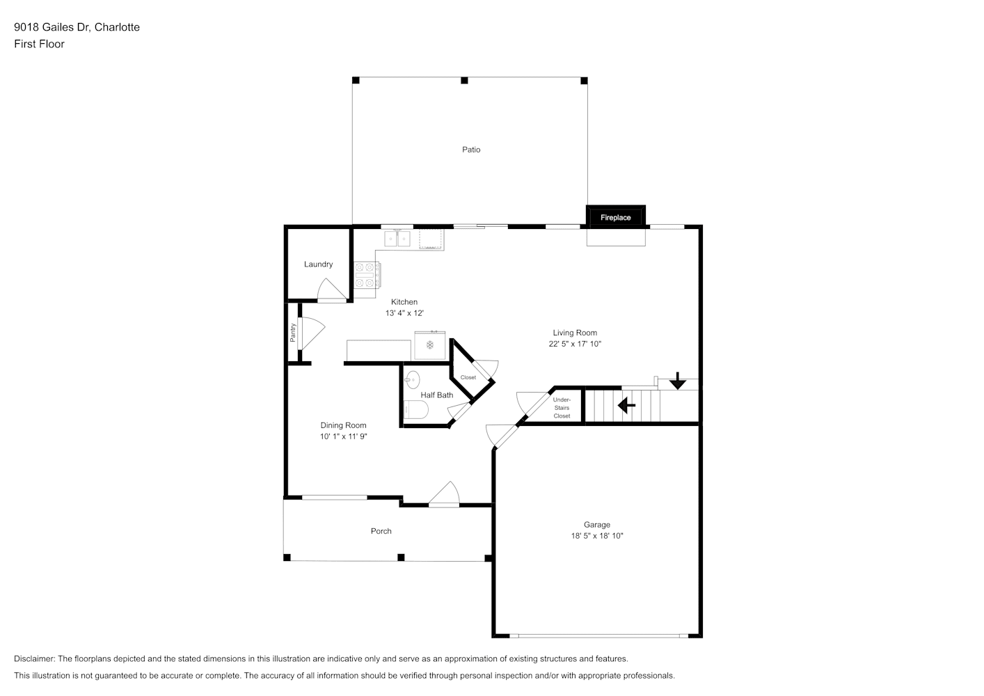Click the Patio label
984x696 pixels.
coord(471,150)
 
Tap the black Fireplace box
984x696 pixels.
coord(615,216)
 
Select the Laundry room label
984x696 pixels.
coord(319,264)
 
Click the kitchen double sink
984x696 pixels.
coord(397,238)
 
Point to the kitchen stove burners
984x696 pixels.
coord(365,275)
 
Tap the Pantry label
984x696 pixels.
coord(293,333)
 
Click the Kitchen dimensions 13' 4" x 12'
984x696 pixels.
coord(404,313)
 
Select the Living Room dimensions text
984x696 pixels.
coord(575,344)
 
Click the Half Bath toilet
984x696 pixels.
coord(415,409)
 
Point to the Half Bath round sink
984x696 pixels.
coord(412,379)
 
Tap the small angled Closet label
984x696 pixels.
coord(468,377)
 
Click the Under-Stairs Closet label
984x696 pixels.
coord(562,408)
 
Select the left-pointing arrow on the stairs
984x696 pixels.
coord(626,405)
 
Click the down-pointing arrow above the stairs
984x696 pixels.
coord(678,381)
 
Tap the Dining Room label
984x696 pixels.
coord(343,425)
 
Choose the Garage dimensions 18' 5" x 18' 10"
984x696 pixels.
coord(597,536)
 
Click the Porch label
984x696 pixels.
coord(381,531)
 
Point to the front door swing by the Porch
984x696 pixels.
coord(444,493)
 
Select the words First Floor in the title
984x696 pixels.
coord(39,44)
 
